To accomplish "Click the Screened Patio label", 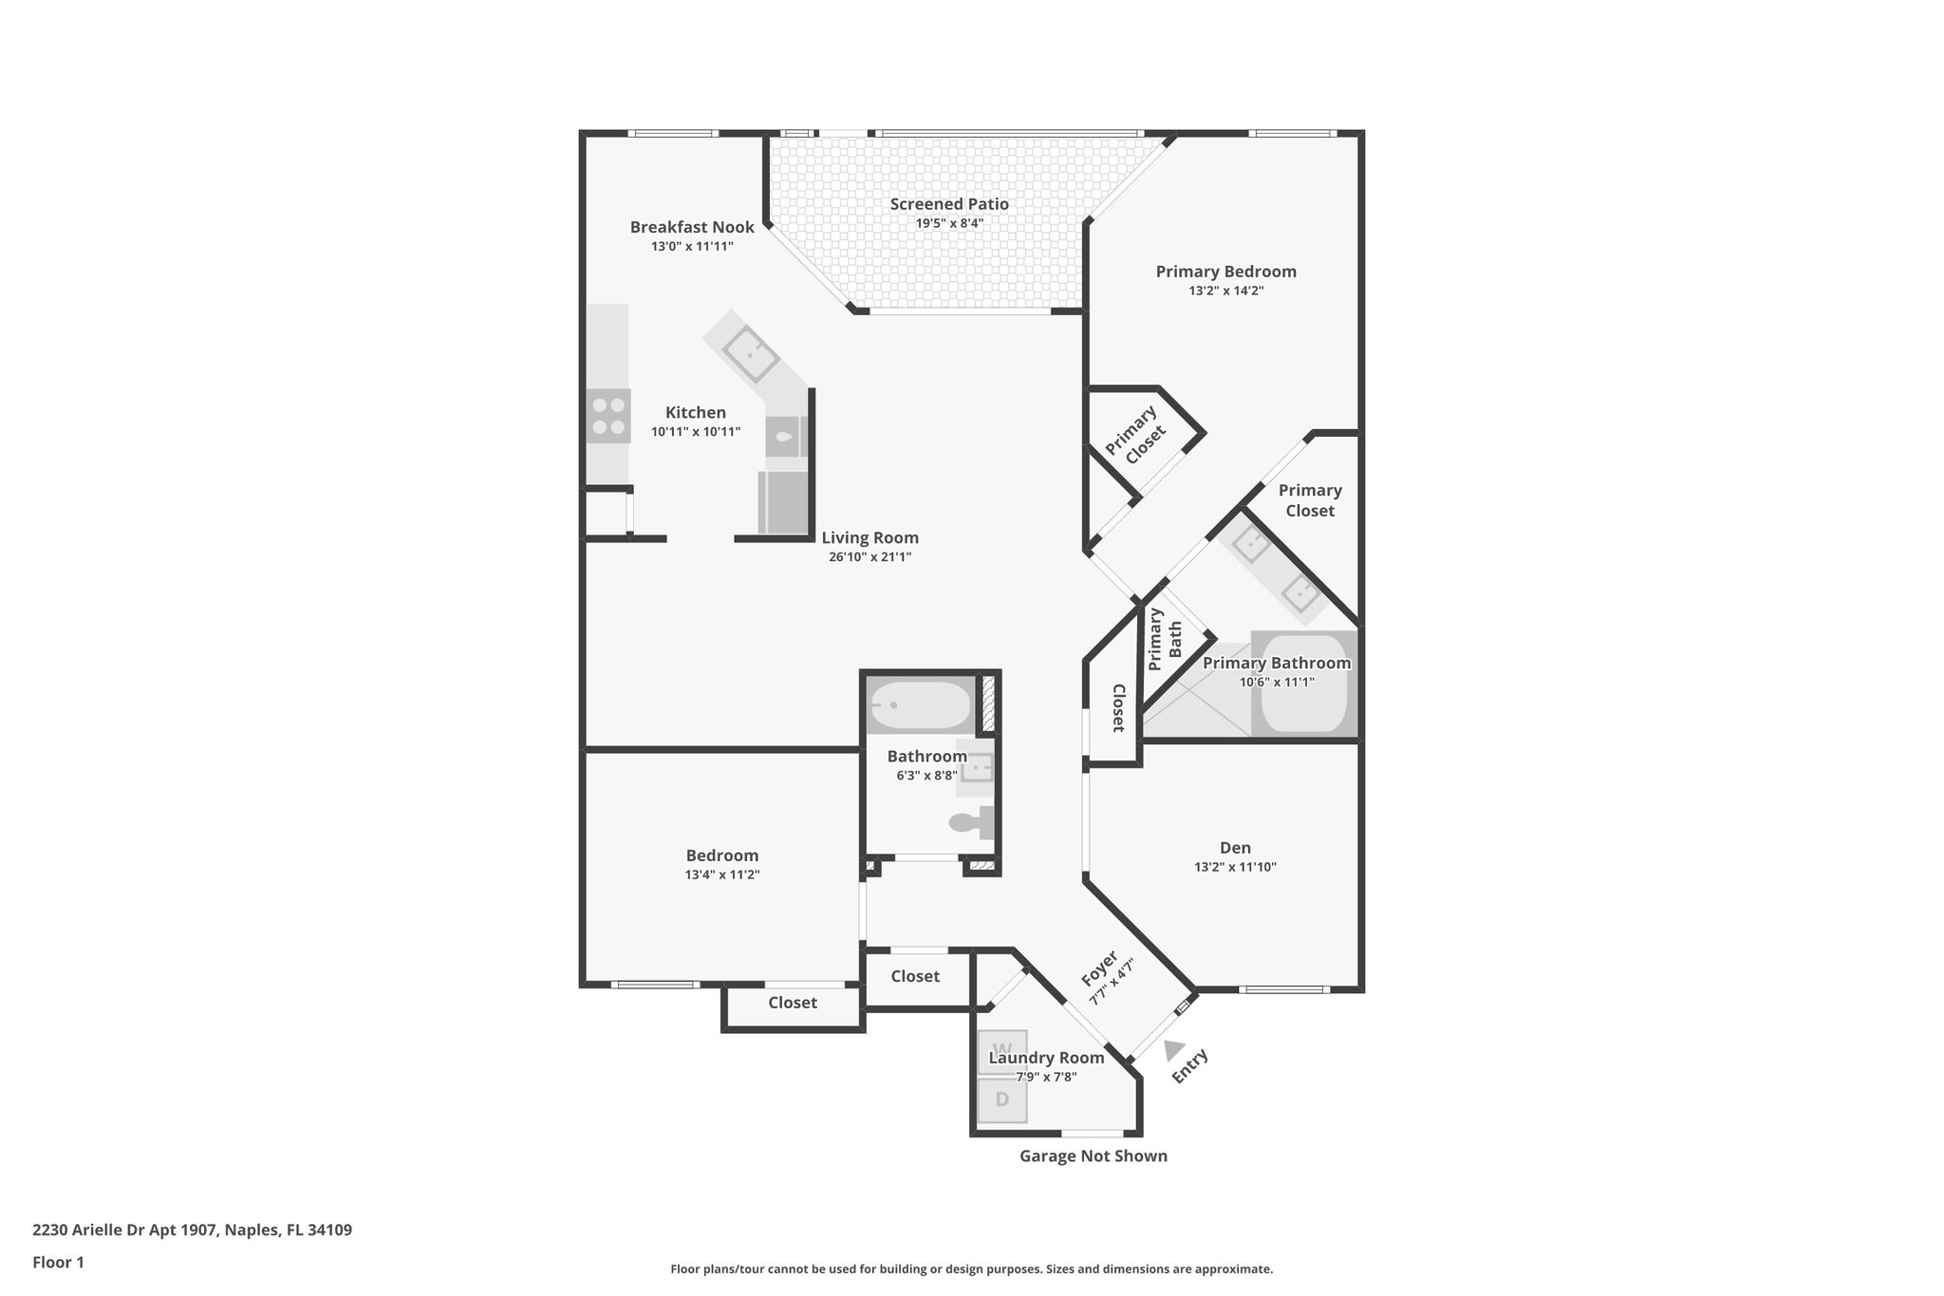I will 948,204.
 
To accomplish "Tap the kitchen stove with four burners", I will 608,417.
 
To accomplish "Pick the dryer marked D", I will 1002,1100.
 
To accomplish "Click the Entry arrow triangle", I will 1174,1049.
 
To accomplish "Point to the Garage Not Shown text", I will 1093,1155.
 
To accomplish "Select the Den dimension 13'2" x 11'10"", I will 1235,867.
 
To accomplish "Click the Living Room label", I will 869,537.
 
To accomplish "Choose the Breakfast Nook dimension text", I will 692,246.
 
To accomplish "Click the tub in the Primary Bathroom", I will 1303,685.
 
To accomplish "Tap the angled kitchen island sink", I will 751,352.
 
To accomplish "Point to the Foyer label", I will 1099,967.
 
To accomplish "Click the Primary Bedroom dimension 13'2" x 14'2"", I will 1225,291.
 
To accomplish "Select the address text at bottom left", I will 192,1230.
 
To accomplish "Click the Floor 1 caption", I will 58,1263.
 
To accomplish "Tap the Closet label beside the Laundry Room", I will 915,976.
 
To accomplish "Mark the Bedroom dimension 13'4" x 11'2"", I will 722,874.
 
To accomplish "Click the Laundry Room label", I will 1046,1058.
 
